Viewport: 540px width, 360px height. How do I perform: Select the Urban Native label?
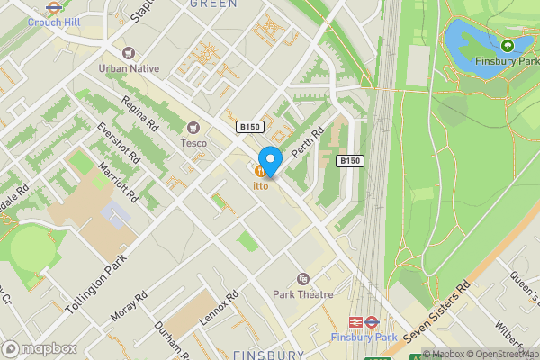(129, 68)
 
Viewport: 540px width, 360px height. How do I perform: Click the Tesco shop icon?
(193, 128)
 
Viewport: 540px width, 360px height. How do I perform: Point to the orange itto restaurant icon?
(260, 171)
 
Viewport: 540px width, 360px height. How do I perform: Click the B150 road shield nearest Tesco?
(250, 128)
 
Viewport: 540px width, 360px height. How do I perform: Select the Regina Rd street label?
(139, 112)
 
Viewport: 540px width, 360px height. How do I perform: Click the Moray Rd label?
(128, 306)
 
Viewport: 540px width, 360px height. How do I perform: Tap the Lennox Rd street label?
(220, 310)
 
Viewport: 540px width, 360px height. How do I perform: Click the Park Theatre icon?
(302, 279)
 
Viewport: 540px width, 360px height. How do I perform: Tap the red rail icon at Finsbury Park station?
(355, 320)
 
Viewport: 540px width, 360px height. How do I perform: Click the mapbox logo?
(40, 348)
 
